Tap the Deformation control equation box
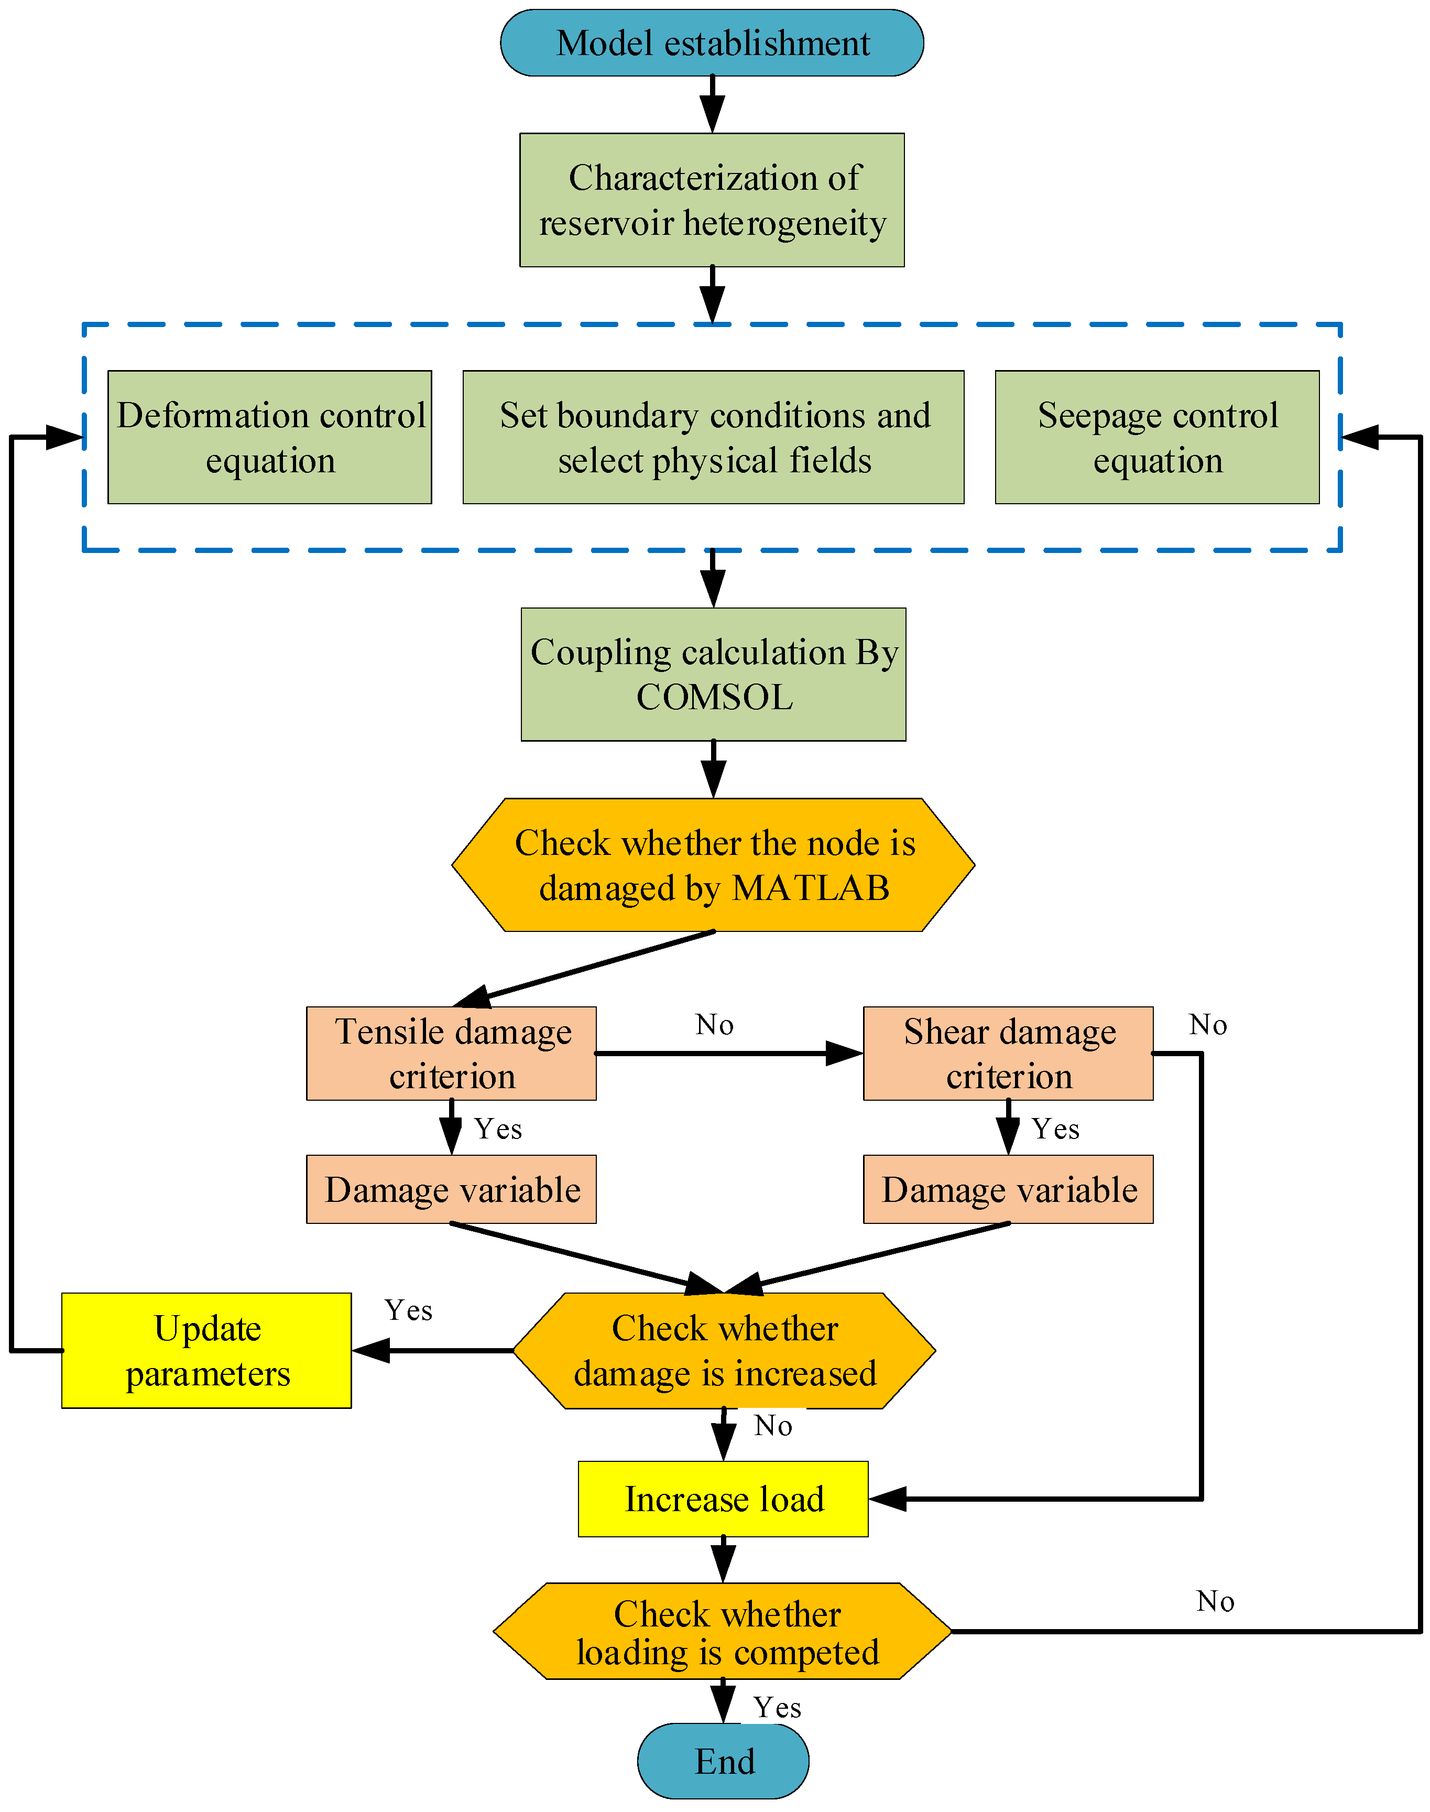click(x=269, y=437)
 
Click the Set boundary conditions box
click(x=713, y=437)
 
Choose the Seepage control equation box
click(x=1157, y=437)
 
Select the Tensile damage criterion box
click(x=451, y=1054)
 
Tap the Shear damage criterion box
click(x=1008, y=1054)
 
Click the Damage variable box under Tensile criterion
click(x=451, y=1189)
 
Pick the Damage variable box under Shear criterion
click(x=1008, y=1189)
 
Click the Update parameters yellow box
click(x=207, y=1351)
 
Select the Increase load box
click(x=723, y=1499)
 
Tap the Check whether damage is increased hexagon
click(x=723, y=1351)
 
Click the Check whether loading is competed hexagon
click(x=723, y=1631)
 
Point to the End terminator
click(x=723, y=1761)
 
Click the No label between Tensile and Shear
click(x=714, y=1025)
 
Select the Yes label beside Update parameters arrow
click(x=409, y=1310)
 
